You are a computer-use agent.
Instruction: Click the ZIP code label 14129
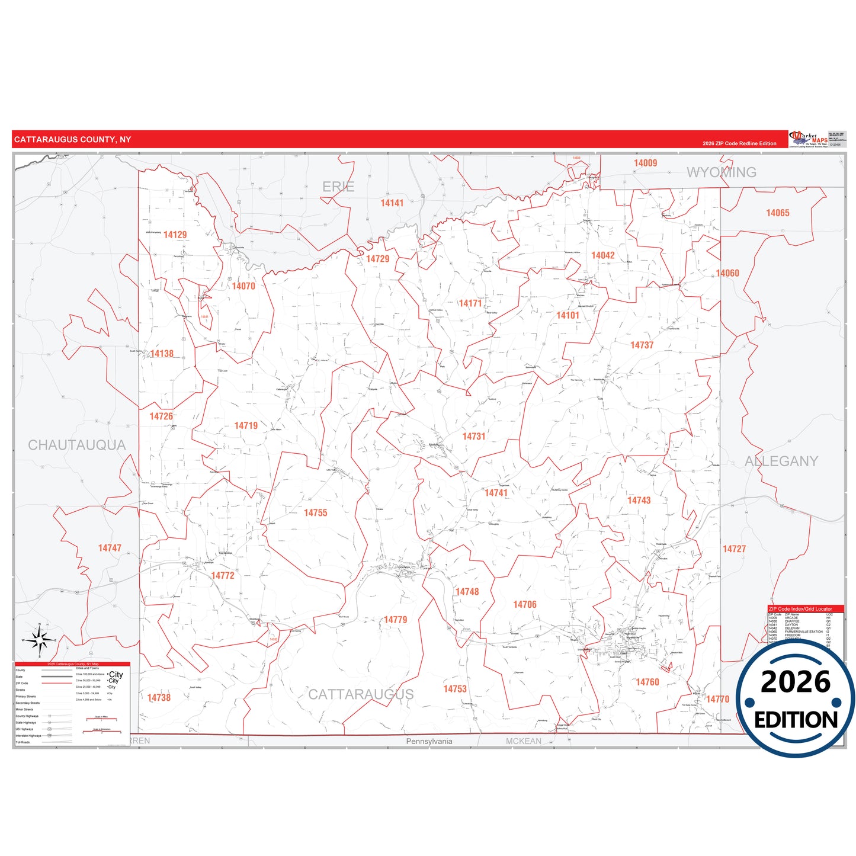tap(175, 235)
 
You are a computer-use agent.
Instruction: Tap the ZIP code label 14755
tap(316, 513)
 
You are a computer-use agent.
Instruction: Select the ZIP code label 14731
tap(474, 437)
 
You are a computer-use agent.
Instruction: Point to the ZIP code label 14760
tap(647, 682)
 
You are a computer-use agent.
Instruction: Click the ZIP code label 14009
tap(646, 163)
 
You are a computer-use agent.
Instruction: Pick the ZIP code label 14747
tap(110, 549)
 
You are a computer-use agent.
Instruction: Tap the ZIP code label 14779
tap(396, 620)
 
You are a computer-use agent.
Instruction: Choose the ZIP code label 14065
tap(778, 213)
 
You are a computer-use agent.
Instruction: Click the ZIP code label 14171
tap(470, 303)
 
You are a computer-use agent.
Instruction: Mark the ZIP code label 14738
tap(159, 698)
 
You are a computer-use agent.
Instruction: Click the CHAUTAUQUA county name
tap(77, 445)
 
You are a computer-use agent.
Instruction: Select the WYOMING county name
tap(722, 172)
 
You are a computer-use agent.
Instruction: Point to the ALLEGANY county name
tap(781, 461)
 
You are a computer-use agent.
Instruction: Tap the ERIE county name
tap(338, 187)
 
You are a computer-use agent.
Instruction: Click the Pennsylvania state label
tap(429, 742)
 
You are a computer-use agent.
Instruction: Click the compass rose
tap(39, 640)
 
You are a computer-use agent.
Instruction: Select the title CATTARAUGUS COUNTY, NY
tap(73, 140)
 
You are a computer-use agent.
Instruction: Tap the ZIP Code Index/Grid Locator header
tap(800, 609)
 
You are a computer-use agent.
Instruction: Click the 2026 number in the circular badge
tap(796, 682)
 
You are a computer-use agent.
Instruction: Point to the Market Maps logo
tap(809, 140)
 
